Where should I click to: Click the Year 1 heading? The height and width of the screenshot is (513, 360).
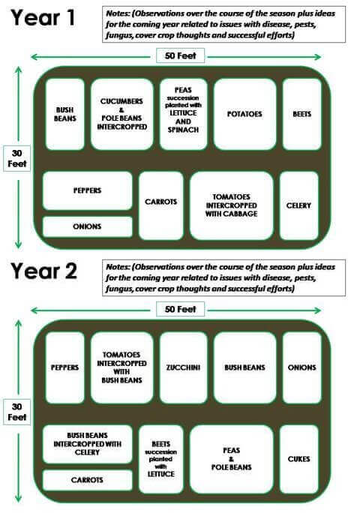coord(43,18)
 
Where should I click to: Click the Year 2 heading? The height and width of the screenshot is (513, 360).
coord(43,271)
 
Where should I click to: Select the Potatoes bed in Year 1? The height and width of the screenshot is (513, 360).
coord(244,114)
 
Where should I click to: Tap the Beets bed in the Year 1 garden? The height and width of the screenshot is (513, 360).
coord(301,114)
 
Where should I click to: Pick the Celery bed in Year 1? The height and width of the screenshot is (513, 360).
coord(298,205)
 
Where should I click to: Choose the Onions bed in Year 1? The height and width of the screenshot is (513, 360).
coord(88,226)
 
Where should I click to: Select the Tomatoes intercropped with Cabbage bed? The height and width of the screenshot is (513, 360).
coord(232,205)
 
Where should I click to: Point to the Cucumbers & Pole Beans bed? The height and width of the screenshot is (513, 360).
coord(121,114)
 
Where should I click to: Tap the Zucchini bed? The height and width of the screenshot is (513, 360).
coord(183,367)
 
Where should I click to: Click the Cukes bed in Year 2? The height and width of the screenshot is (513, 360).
coord(298,459)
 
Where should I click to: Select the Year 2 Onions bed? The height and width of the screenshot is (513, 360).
coord(301,367)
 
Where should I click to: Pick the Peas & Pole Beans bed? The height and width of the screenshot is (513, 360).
coord(232,459)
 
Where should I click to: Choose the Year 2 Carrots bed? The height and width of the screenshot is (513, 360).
coord(88,480)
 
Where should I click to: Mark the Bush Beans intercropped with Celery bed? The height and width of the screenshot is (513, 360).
coord(88,444)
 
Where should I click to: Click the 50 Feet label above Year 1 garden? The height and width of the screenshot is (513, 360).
coord(180,55)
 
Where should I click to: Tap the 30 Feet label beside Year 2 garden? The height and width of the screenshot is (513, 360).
coord(17,412)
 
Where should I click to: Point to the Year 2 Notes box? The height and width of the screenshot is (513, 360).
coord(223,277)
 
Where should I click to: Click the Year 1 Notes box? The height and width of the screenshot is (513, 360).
coord(223,24)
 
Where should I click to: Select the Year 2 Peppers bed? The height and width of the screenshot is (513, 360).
coord(64,367)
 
